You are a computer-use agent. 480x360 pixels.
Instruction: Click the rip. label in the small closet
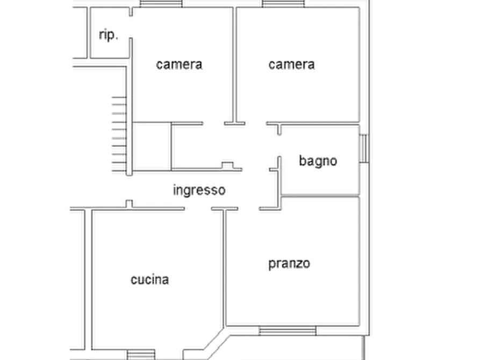pos(109,35)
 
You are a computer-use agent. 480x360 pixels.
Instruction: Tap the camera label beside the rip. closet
pos(179,64)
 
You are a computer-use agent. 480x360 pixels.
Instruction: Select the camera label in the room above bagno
pos(291,64)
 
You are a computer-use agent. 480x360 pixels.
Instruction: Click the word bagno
pos(318,161)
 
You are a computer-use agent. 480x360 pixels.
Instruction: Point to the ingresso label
pos(199,190)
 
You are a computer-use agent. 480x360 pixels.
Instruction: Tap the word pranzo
pos(289,264)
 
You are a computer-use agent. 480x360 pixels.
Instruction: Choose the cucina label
pos(149,279)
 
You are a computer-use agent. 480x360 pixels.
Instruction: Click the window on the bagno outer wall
pos(364,148)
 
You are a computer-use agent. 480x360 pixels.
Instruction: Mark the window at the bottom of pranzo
pos(287,330)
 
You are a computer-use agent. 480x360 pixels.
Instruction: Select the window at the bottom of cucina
pos(141,355)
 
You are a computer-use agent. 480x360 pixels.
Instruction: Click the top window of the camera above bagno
pos(283,4)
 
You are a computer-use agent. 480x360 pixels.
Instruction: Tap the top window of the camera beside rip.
pos(161,4)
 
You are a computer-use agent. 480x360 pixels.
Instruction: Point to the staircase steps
pos(119,134)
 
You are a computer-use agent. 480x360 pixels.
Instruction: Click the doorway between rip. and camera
pos(131,27)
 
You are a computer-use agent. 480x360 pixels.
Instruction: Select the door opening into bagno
pos(279,146)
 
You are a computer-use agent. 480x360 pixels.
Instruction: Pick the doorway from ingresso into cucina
pos(198,209)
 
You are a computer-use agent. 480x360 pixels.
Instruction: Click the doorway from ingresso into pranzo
pos(248,209)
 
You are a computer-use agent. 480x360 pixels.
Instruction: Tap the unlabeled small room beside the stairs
pos(152,146)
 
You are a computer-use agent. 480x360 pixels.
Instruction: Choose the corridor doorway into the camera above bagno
pos(256,124)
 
